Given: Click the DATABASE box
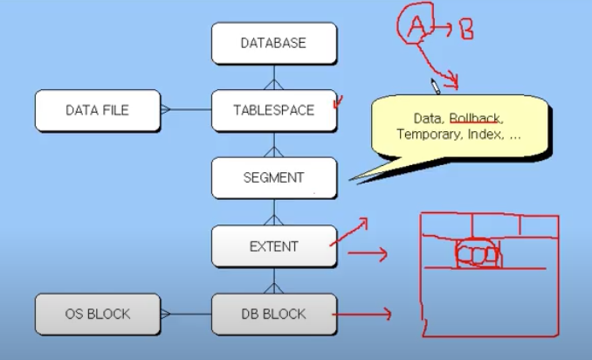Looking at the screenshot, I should (274, 43).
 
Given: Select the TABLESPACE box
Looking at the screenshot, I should (274, 110).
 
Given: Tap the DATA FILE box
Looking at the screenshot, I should (98, 110).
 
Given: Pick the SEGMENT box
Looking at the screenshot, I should (274, 177).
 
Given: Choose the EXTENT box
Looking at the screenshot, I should (274, 246).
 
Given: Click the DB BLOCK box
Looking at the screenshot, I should (274, 314).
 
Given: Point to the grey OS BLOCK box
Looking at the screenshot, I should (98, 314).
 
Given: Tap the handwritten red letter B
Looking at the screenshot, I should (466, 30).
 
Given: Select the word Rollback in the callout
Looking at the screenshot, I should (477, 118).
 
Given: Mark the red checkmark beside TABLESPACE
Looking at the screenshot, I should (336, 103).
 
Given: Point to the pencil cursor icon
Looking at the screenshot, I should (434, 86).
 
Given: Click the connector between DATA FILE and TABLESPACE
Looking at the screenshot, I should (185, 110).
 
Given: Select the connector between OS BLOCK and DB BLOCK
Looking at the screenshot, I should (185, 314).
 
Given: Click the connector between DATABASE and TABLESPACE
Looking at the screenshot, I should (274, 77).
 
